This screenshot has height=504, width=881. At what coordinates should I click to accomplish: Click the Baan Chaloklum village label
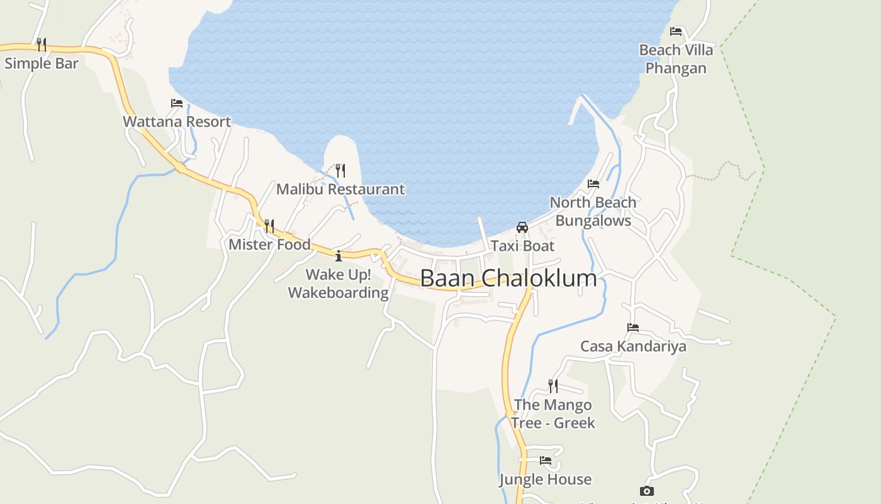point(508,278)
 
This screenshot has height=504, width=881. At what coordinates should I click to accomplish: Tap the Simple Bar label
point(42,64)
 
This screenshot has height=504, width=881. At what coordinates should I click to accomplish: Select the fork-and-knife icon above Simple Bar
point(42,44)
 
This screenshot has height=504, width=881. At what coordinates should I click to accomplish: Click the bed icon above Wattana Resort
point(177,103)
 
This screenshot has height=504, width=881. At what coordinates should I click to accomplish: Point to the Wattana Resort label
point(177,122)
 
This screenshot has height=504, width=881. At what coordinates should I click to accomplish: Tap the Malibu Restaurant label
point(340,189)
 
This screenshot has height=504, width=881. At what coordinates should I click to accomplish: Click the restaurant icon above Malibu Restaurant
point(340,170)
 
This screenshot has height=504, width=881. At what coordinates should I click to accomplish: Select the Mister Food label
point(269,244)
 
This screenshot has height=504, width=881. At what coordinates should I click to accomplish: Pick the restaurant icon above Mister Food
point(269,226)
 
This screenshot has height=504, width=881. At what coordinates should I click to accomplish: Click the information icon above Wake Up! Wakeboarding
point(339,255)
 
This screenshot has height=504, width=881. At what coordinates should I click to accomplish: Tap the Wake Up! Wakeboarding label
point(339,283)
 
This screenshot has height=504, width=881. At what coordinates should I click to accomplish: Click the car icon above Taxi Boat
point(522,227)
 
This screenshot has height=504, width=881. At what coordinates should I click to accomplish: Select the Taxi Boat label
point(522,246)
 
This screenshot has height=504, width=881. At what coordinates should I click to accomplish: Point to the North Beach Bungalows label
point(593,212)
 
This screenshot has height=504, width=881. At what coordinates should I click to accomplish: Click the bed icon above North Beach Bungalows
point(593,184)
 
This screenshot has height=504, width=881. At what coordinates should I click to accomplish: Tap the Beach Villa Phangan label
point(676,59)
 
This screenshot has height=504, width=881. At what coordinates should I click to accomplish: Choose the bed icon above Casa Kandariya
point(633,328)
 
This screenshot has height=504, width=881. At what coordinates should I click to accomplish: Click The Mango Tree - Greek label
point(553,414)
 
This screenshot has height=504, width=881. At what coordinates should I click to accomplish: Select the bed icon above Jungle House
point(546,461)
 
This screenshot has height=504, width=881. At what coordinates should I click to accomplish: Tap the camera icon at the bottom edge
point(646,491)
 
